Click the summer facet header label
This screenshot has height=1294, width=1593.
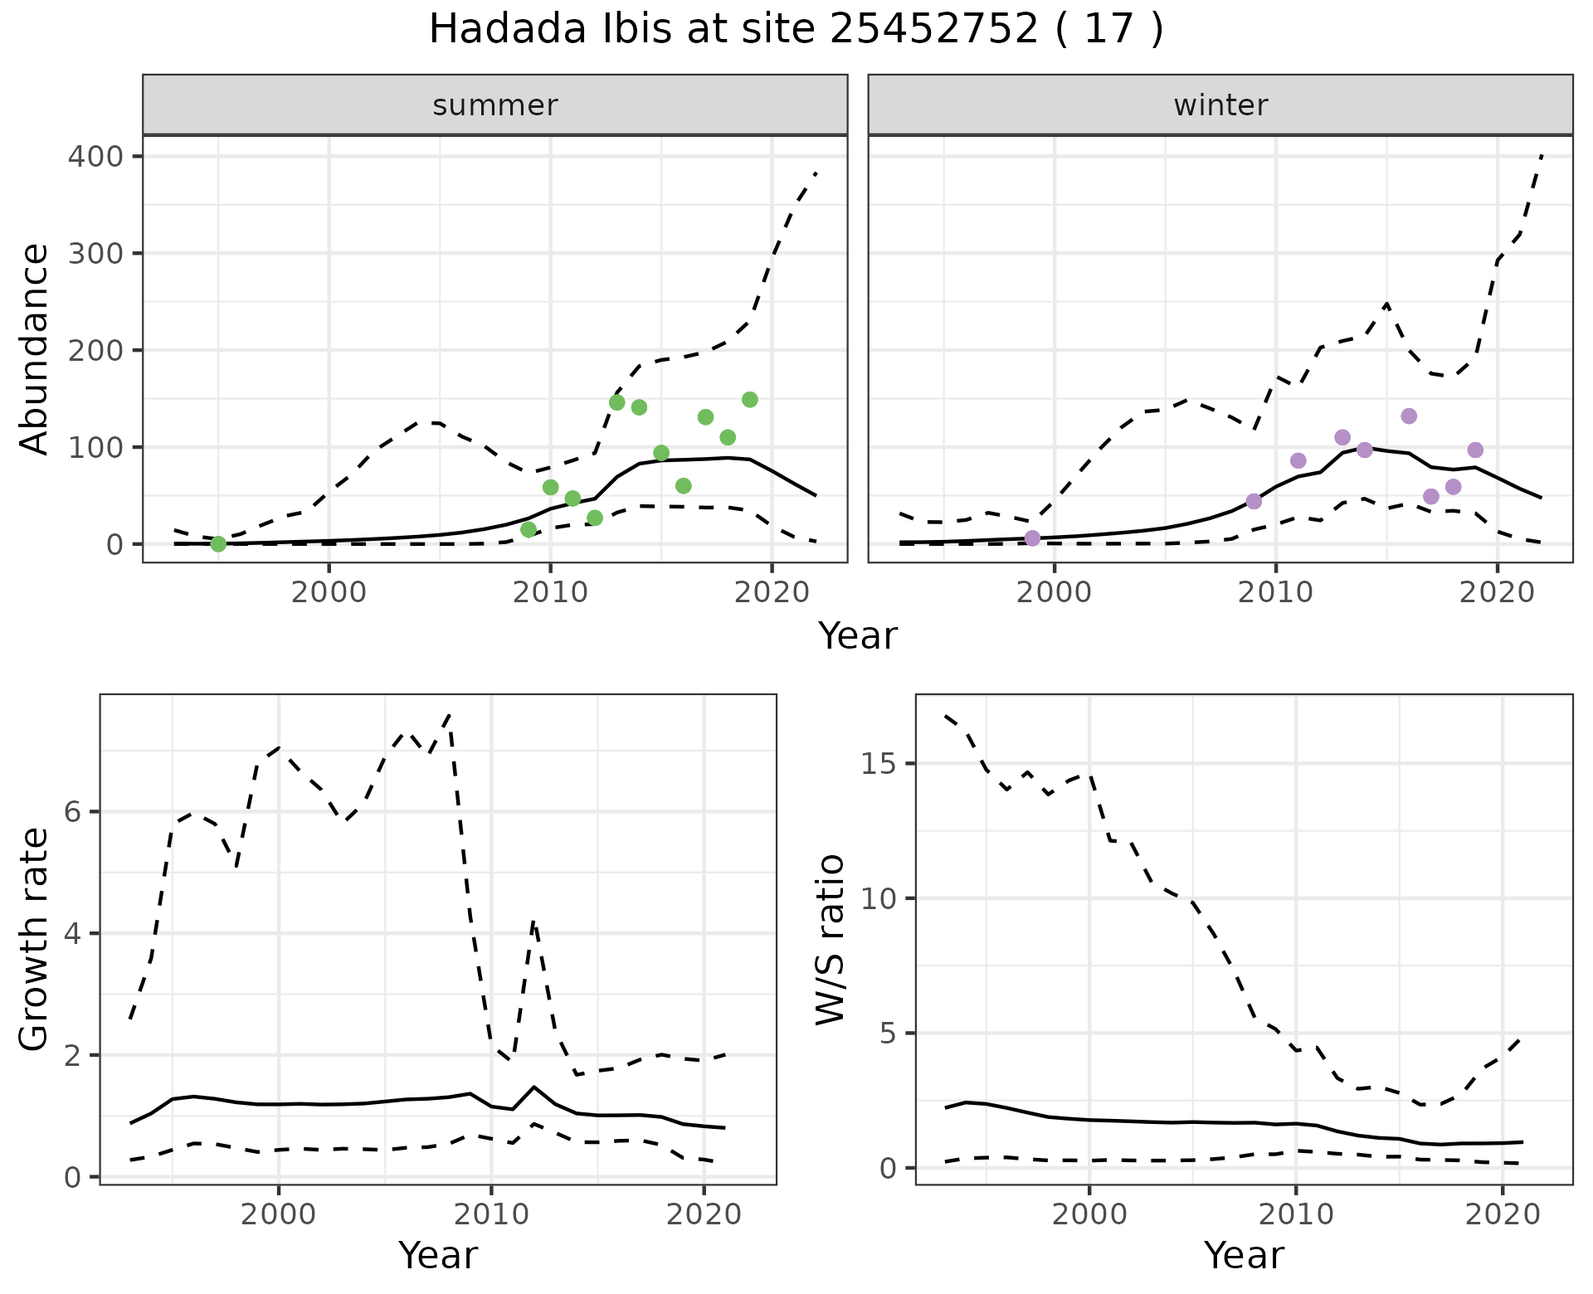pos(495,105)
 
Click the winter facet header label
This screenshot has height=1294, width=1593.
pos(1220,105)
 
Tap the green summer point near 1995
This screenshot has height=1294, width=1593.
pos(218,544)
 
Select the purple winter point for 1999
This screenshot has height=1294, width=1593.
pos(1032,538)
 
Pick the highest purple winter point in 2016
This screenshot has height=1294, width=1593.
pos(1409,416)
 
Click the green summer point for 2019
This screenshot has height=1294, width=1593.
pos(750,400)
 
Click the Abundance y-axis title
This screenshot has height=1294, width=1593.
pos(35,349)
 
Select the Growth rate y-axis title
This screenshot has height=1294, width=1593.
pos(35,940)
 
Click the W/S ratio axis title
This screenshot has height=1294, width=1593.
pos(831,940)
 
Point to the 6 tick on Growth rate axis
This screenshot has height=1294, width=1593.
pos(73,812)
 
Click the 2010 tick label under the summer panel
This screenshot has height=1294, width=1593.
pos(550,593)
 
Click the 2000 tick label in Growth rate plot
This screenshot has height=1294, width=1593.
pos(279,1215)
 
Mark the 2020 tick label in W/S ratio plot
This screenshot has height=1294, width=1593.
pos(1503,1215)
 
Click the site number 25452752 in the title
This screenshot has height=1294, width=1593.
pos(933,31)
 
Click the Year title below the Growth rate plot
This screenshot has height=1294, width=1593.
pos(438,1255)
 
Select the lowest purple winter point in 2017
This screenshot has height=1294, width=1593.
pos(1431,497)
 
